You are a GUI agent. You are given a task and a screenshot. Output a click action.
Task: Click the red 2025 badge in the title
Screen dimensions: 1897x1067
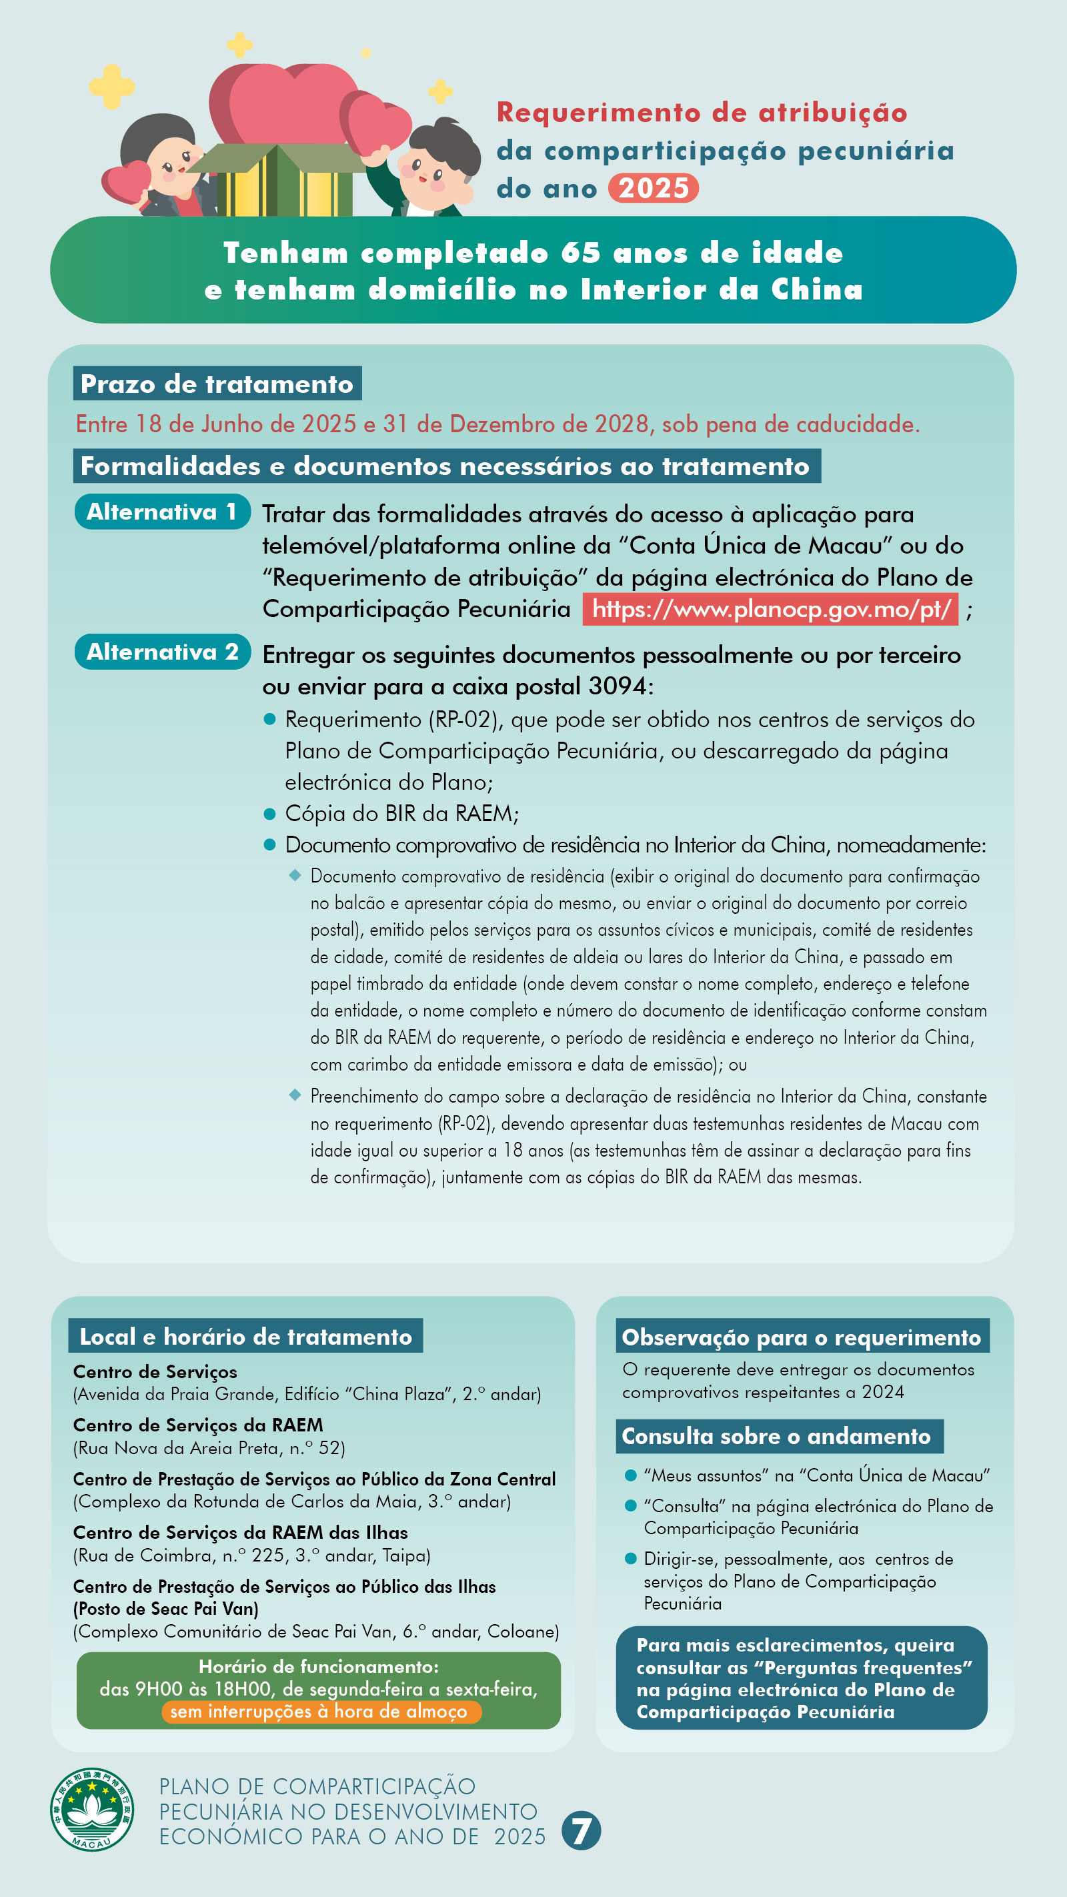click(653, 189)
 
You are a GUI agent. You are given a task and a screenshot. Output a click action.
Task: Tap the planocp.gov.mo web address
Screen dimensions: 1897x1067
click(770, 609)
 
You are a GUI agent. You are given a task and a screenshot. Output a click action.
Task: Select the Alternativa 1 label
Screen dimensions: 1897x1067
click(162, 512)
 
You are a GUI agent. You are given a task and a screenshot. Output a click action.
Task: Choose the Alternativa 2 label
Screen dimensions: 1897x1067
click(162, 652)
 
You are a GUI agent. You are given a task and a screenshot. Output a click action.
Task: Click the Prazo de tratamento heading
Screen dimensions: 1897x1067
click(217, 384)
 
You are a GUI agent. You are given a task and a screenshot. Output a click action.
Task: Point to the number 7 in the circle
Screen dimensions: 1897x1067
click(581, 1831)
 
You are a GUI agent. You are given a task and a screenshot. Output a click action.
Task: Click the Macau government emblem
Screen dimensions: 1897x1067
click(92, 1809)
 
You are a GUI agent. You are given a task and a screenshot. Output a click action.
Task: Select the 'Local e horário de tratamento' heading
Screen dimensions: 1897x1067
click(246, 1337)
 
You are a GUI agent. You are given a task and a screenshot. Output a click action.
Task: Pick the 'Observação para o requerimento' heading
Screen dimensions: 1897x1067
click(802, 1337)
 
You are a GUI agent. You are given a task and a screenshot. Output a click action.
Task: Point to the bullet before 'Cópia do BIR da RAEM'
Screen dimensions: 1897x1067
click(269, 814)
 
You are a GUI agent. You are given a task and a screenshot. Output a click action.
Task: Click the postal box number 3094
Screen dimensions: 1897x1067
click(617, 686)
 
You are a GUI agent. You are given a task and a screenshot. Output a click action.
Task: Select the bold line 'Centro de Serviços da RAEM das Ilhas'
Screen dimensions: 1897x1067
click(240, 1533)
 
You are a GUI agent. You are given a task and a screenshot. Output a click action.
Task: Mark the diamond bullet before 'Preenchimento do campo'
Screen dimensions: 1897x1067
click(295, 1095)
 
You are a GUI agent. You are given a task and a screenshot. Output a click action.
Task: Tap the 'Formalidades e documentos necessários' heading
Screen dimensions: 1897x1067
click(446, 466)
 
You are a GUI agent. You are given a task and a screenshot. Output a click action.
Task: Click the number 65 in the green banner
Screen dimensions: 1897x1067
click(581, 253)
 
